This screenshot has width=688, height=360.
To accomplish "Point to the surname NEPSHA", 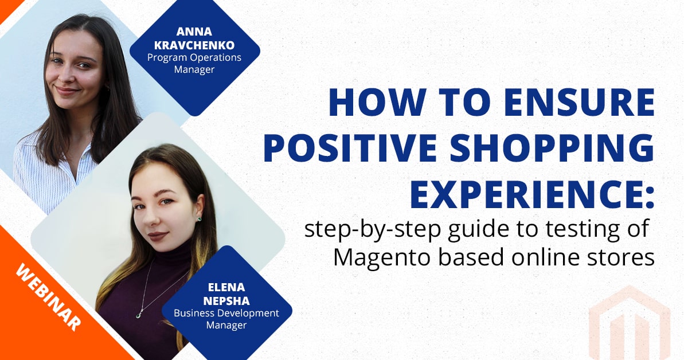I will [226, 302].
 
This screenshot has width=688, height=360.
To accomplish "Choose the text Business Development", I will [226, 314].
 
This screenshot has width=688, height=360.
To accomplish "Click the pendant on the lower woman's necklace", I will [139, 313].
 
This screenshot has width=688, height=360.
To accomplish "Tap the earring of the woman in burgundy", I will [199, 218].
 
